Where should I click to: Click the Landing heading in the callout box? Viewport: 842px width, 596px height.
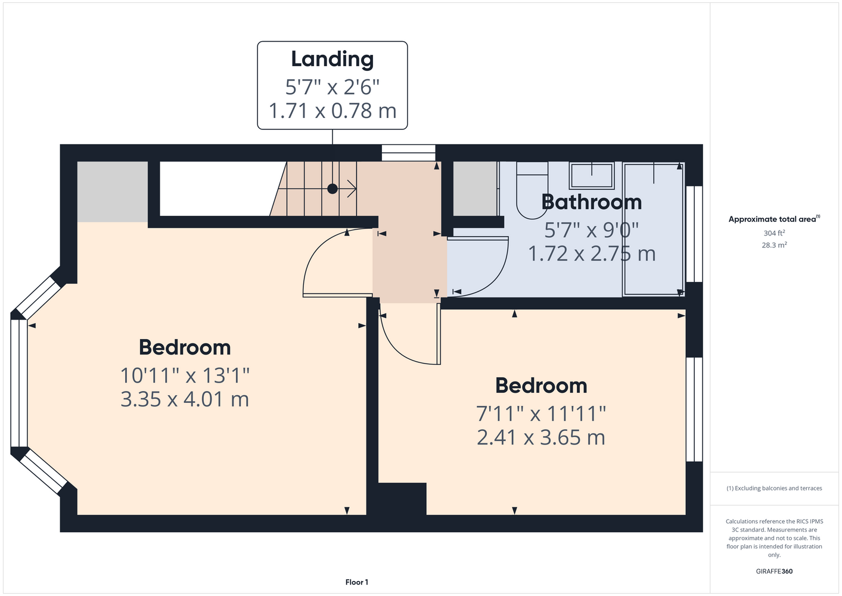click(x=333, y=60)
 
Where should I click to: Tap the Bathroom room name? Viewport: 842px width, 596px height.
click(x=591, y=202)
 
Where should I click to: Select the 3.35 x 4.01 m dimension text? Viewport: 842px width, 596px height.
click(x=185, y=399)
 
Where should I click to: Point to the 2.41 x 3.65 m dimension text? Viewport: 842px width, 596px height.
click(x=541, y=437)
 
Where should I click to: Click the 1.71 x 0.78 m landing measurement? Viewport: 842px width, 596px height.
click(x=333, y=111)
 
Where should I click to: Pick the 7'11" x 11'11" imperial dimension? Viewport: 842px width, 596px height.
click(x=541, y=414)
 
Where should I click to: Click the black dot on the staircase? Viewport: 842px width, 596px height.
click(x=333, y=189)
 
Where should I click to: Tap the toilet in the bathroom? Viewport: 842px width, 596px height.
click(x=532, y=191)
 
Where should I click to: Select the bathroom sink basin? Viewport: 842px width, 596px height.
click(x=592, y=176)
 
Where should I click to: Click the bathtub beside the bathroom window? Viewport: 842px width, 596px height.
click(x=654, y=229)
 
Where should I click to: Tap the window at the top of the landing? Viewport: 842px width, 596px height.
click(x=409, y=153)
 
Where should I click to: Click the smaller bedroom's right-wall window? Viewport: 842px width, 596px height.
click(x=694, y=409)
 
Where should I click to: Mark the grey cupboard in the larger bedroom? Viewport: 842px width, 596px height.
click(x=113, y=192)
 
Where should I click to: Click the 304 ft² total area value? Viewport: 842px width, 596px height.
click(x=774, y=233)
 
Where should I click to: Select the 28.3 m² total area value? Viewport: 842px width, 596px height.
click(x=774, y=245)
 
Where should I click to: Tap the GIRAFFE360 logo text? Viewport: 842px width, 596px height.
click(x=774, y=571)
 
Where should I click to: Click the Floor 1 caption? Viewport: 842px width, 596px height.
click(x=357, y=582)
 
